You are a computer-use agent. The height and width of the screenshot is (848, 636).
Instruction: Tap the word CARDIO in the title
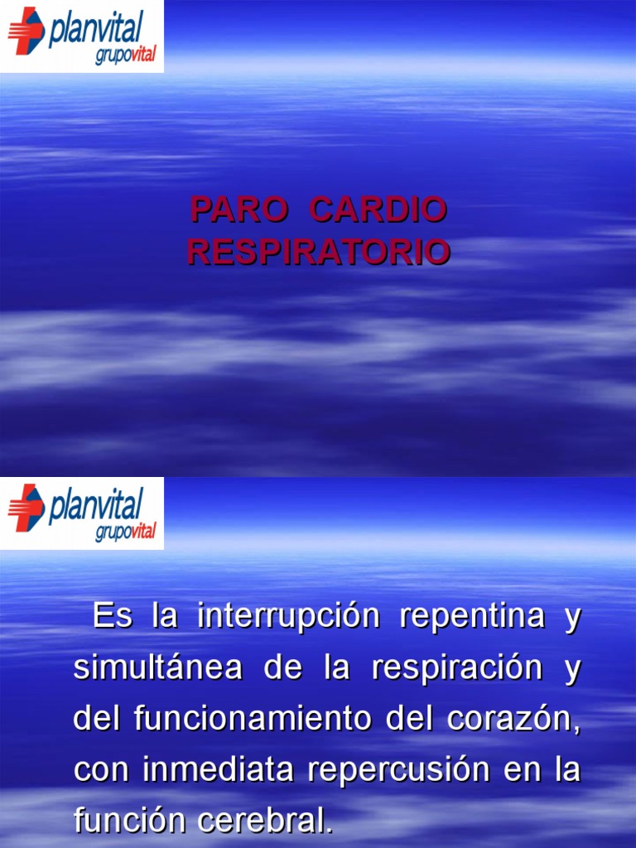[x=378, y=210]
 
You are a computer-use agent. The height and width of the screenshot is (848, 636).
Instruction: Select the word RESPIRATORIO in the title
[x=319, y=252]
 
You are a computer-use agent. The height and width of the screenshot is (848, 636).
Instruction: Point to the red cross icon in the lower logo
[x=26, y=508]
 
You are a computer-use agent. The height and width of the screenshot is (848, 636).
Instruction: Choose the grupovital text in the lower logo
[x=125, y=531]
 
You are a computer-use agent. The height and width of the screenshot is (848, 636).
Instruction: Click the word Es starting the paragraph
[x=113, y=617]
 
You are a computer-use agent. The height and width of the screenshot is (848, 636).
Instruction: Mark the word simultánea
[x=157, y=668]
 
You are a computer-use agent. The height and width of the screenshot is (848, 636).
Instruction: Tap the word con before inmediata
[x=102, y=770]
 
